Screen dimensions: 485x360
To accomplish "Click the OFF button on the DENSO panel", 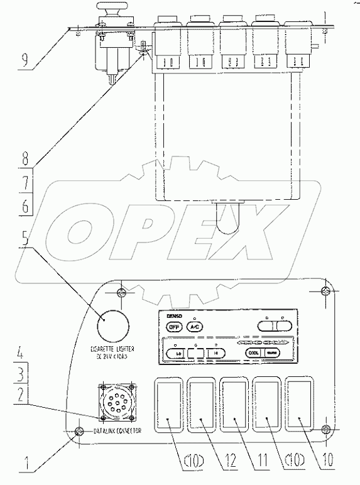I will click(173, 326).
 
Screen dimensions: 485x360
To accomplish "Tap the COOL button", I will click(254, 352).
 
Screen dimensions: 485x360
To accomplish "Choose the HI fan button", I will click(215, 353).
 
